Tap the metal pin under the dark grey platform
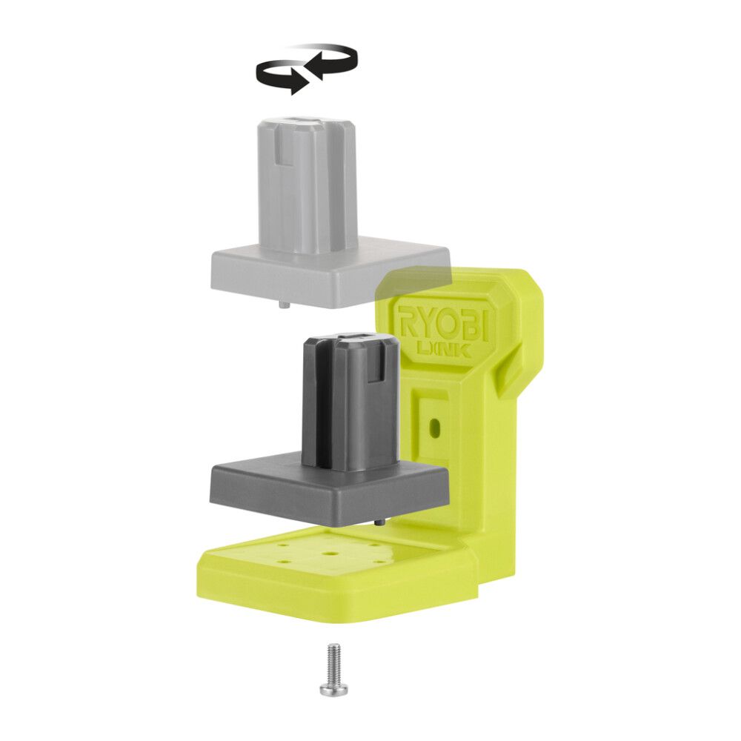(x=379, y=523)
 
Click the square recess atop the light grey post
(x=306, y=121)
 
